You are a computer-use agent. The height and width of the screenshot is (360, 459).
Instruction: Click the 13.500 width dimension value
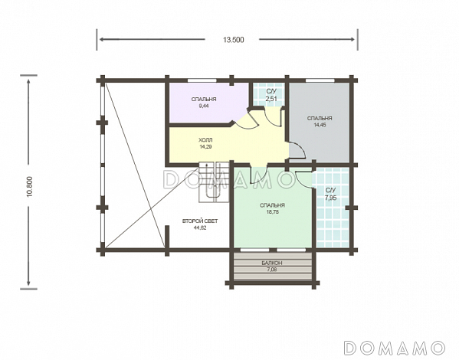click(233, 40)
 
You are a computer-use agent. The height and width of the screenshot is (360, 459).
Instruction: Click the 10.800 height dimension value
click(31, 186)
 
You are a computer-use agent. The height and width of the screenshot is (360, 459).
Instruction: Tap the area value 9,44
click(204, 106)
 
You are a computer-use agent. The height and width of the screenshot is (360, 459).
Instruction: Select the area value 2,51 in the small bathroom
click(271, 99)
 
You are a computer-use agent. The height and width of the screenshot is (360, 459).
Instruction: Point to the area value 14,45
click(320, 125)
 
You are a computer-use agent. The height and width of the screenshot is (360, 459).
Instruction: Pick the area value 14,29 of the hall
click(205, 146)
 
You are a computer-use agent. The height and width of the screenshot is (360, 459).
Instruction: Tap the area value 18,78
click(272, 212)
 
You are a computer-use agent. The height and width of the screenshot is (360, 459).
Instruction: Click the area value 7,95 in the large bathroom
click(331, 198)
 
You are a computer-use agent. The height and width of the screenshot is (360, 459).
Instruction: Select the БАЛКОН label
click(272, 263)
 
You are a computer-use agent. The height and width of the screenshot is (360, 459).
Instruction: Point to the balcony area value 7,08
click(272, 270)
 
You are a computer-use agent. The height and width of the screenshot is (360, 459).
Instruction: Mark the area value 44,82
click(200, 228)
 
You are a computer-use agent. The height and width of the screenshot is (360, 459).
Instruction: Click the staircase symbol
click(214, 182)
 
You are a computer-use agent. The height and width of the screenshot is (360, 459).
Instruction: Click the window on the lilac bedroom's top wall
click(202, 80)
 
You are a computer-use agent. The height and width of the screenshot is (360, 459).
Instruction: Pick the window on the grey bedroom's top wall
click(320, 80)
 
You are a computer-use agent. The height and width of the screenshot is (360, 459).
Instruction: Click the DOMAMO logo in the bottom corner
click(395, 348)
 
